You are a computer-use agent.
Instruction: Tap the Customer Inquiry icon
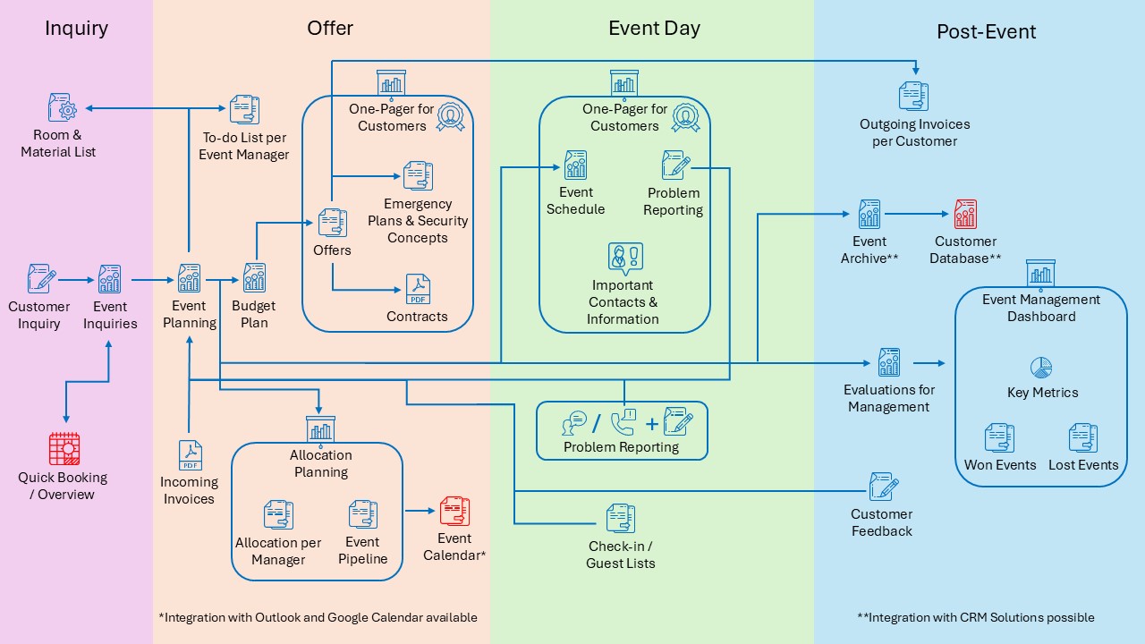pos(40,279)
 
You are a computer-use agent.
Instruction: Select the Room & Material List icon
pos(62,108)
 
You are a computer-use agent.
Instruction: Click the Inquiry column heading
pos(76,28)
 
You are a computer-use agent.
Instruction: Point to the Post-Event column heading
pos(986,31)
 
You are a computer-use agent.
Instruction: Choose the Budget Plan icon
pos(254,278)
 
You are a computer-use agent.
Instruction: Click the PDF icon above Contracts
pos(418,289)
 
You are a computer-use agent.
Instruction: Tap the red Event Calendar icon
pos(454,512)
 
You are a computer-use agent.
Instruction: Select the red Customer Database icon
pos(965,215)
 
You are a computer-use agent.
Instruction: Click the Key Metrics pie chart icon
pos(1041,368)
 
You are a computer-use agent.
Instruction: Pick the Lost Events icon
pos(1082,438)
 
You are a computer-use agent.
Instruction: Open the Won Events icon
pos(999,438)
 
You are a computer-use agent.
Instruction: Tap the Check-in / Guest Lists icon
pos(620,519)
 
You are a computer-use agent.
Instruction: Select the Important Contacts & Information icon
pos(624,258)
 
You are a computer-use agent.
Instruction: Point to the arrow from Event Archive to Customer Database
pos(917,215)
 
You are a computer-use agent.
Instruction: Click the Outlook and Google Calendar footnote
pos(318,617)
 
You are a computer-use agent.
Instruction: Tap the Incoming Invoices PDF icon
pos(190,455)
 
